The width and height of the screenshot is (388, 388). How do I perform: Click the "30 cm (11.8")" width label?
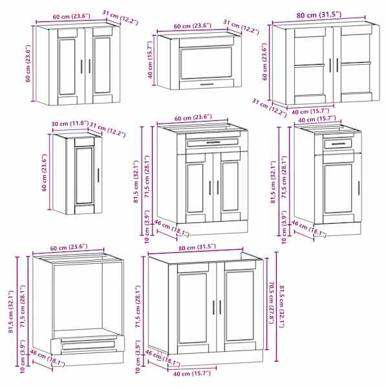click(70, 124)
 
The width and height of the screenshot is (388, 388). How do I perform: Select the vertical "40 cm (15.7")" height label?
click(151, 60)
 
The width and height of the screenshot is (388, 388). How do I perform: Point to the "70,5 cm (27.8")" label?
click(272, 303)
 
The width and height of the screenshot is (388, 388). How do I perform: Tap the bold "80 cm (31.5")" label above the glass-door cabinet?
click(319, 15)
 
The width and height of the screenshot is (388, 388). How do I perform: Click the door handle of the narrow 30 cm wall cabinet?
click(98, 175)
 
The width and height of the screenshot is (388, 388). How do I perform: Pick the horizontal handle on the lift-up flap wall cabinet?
click(207, 84)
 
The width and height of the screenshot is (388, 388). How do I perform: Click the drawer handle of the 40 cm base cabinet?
click(338, 144)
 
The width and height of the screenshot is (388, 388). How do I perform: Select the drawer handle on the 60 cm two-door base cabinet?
click(213, 142)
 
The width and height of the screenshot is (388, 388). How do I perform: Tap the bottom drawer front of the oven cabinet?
click(88, 345)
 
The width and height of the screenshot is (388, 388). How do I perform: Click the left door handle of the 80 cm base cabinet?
click(214, 307)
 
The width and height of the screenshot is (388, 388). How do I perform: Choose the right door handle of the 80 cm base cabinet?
click(220, 307)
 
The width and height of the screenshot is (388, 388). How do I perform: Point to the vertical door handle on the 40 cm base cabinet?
click(358, 188)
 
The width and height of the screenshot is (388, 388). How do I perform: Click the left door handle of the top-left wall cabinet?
click(81, 67)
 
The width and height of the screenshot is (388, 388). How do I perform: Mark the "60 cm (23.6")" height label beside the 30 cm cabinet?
click(45, 173)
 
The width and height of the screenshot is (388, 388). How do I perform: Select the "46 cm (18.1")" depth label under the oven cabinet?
click(47, 358)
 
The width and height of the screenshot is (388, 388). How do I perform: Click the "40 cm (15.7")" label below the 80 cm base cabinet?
click(192, 373)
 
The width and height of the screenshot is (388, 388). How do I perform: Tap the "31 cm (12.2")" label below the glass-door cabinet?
click(269, 108)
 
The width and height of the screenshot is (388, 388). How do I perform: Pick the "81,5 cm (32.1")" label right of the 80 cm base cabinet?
click(282, 307)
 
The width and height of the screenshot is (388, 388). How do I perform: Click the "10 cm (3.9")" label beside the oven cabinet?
click(23, 356)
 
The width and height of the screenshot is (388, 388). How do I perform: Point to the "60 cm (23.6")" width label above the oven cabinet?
click(69, 247)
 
